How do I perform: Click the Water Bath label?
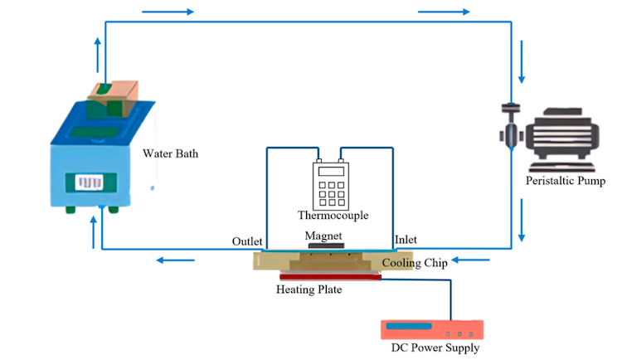click(171, 153)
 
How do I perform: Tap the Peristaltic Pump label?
click(566, 180)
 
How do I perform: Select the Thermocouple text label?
click(333, 216)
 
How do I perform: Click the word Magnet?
click(323, 235)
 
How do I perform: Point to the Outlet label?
click(247, 241)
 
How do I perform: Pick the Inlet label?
click(406, 240)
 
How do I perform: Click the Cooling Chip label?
click(415, 263)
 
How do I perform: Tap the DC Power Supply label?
click(435, 348)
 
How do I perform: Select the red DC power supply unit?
click(429, 328)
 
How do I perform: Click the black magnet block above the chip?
click(323, 246)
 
